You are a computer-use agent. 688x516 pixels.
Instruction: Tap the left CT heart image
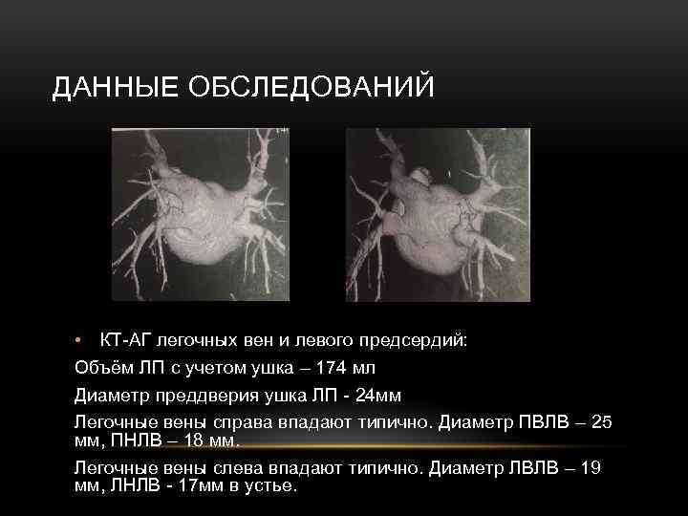point(199,214)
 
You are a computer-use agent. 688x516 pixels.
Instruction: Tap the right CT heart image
point(438,214)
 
